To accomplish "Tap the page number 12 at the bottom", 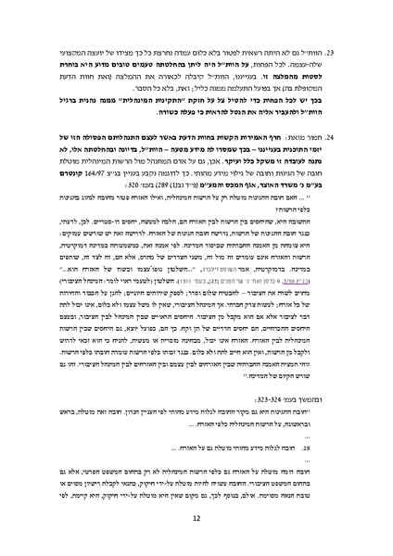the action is coord(196,521).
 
